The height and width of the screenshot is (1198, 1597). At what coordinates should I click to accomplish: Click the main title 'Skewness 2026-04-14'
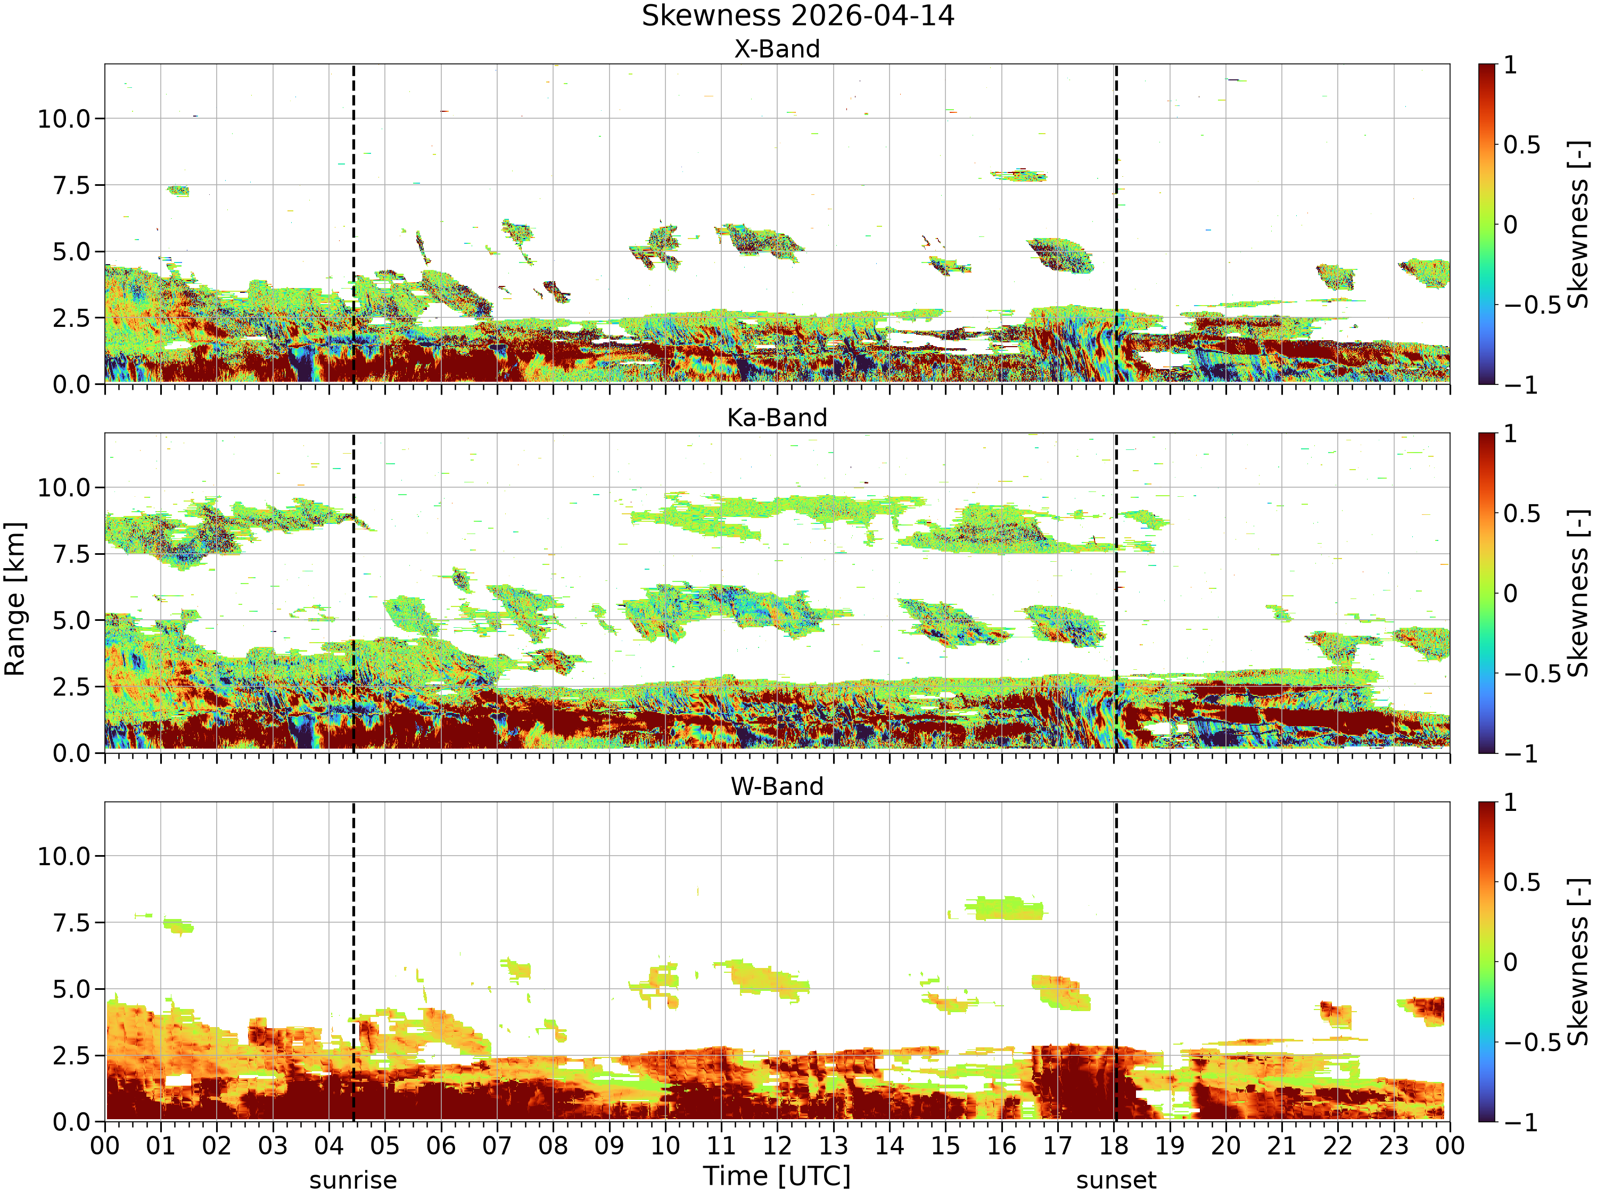click(x=798, y=16)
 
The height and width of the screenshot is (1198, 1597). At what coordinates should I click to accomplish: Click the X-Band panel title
click(x=777, y=49)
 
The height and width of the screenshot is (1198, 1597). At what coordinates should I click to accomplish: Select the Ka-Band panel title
click(x=777, y=418)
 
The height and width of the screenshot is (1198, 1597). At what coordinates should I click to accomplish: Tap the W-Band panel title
click(x=777, y=786)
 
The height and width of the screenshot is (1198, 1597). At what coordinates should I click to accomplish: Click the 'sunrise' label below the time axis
click(x=353, y=1180)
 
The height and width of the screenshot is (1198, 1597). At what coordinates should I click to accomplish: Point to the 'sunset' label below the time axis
click(x=1116, y=1180)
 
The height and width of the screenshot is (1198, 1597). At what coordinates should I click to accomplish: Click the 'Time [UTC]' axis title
click(x=777, y=1176)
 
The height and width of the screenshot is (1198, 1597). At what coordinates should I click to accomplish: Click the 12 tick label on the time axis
click(x=778, y=1145)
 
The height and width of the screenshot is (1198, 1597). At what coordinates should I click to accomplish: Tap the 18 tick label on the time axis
click(x=1114, y=1145)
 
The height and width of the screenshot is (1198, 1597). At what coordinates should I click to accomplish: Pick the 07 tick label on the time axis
click(x=497, y=1145)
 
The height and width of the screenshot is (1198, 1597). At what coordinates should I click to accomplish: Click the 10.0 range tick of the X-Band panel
click(x=64, y=118)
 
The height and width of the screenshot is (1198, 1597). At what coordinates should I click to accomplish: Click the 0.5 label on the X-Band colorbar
click(x=1522, y=145)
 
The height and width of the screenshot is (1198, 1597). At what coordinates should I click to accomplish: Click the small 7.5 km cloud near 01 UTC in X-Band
click(x=178, y=191)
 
